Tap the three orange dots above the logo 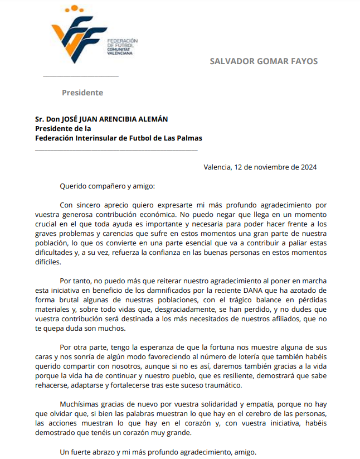pyautogui.click(x=74, y=9)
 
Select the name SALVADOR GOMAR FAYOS pyautogui.click(x=264, y=61)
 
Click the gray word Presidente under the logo pyautogui.click(x=82, y=93)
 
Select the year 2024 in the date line pyautogui.click(x=308, y=167)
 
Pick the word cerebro pyautogui.click(x=231, y=413)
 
